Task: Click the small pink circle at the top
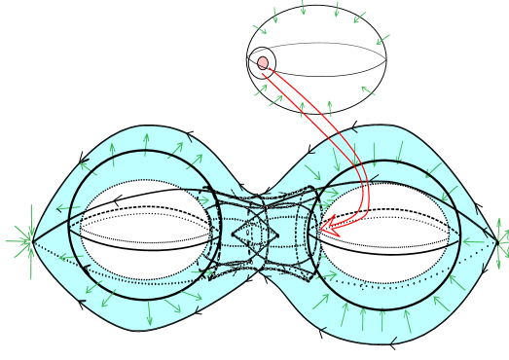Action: pos(263,63)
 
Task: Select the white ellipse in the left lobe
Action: pos(146,230)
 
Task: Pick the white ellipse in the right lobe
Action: pos(384,234)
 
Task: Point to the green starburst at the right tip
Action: pos(500,239)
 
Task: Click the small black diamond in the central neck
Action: pos(256,234)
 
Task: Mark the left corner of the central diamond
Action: pos(233,234)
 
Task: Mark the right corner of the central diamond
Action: pos(279,234)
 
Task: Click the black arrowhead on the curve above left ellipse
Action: pos(116,201)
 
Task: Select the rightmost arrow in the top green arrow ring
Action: pos(382,40)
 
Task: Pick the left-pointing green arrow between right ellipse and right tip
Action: pos(472,241)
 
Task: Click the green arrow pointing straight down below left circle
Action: pos(149,315)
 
